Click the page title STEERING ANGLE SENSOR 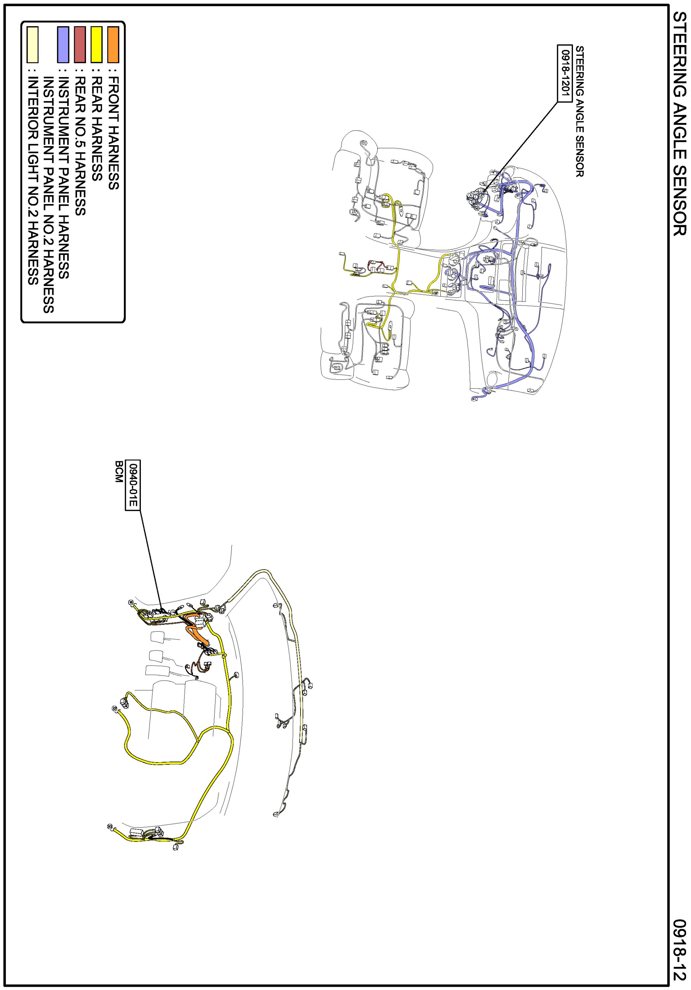click(679, 124)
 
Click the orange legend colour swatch click(113, 44)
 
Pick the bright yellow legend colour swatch click(97, 44)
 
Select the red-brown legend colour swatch click(80, 44)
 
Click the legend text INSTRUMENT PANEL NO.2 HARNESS click(48, 194)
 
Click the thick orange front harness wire click(196, 634)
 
